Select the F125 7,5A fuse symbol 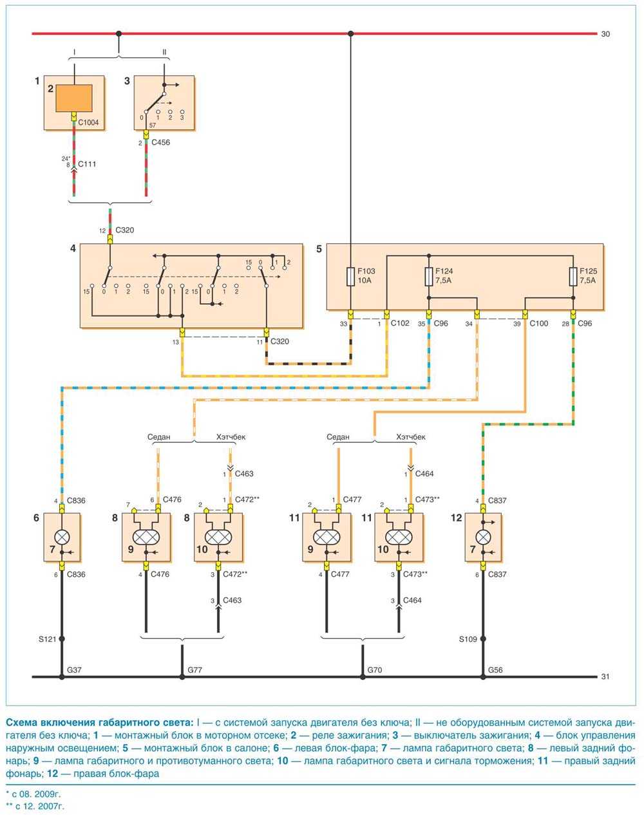[x=573, y=277]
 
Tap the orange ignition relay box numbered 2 [x=73, y=98]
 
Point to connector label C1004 [x=89, y=123]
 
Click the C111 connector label [x=87, y=164]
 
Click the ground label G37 [x=74, y=670]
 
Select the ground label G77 [x=195, y=670]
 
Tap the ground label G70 [x=375, y=670]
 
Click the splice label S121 [x=47, y=639]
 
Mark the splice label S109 [x=468, y=639]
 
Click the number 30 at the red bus [x=605, y=34]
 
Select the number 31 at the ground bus [x=605, y=677]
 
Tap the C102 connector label [x=400, y=324]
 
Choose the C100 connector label [x=539, y=324]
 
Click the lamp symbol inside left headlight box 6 [x=62, y=535]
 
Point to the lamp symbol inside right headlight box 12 [x=484, y=535]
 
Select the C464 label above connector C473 [x=424, y=474]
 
